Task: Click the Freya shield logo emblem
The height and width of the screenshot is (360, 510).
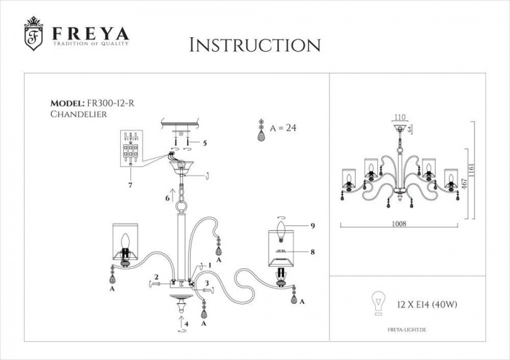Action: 32,35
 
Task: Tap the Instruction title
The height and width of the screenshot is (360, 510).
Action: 254,45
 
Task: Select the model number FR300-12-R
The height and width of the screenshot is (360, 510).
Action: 113,104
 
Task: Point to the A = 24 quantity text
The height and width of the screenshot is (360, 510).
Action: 284,127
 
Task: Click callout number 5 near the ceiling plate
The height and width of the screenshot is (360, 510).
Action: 205,143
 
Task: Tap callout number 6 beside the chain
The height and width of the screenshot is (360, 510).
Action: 167,197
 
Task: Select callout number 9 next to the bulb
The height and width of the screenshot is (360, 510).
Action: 313,227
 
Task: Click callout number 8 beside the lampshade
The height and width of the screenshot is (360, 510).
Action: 313,252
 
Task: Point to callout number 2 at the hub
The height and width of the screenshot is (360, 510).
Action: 156,276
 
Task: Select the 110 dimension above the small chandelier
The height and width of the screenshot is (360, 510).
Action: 399,117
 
